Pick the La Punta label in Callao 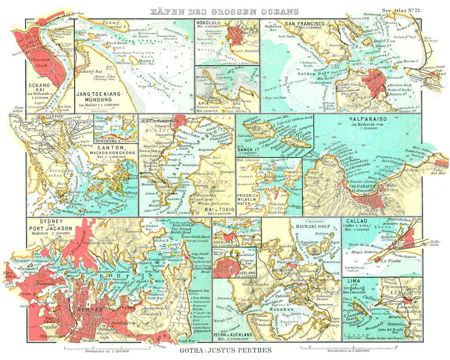tap(389, 260)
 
